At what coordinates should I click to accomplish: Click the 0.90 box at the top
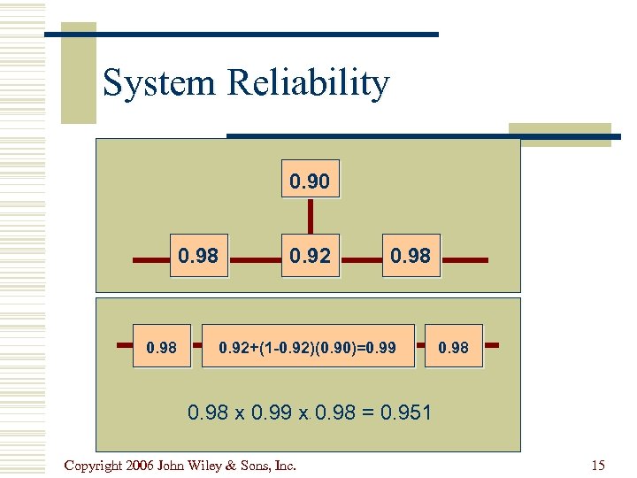coord(309,181)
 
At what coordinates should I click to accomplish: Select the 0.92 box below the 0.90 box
coord(309,256)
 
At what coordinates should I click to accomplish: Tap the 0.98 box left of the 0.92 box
coord(199,256)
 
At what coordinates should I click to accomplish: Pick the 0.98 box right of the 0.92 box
coord(411,256)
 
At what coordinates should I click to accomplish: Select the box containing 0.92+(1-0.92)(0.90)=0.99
coord(308,347)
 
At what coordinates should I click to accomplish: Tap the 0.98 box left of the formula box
coord(161,347)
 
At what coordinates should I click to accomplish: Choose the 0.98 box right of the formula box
coord(453,347)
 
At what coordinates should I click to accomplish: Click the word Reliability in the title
coord(308,83)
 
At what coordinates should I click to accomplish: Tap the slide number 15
coord(597,466)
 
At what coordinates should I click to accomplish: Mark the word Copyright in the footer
coord(93,466)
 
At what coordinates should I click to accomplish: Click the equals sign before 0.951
coord(361,412)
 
